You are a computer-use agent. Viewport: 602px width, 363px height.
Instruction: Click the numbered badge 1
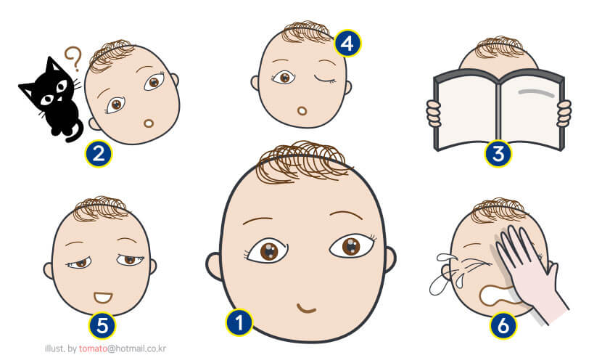coord(239,322)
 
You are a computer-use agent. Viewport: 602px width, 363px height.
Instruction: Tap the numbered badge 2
coord(99,154)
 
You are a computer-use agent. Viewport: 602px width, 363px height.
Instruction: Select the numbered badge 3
coord(498,154)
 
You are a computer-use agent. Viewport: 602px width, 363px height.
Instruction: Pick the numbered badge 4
coord(347,44)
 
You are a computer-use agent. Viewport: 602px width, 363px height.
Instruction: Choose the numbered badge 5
coord(102,325)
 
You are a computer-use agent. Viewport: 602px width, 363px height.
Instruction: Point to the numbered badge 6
coord(503,325)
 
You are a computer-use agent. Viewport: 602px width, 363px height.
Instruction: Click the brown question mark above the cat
coord(74,58)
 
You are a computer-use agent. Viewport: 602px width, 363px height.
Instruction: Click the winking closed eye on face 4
coord(325,79)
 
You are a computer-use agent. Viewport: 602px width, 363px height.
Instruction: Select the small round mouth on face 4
coord(302,111)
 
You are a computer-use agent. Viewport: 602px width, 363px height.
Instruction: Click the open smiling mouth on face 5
coord(103,298)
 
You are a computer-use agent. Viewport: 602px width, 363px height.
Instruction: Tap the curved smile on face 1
coord(306,309)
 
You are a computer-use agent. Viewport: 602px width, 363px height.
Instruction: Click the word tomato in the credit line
coord(93,348)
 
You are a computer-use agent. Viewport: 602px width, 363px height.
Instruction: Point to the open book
coord(499,110)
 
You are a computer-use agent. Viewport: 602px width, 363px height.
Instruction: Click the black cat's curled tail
coord(75,131)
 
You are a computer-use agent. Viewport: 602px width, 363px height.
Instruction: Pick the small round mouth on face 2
coord(149,123)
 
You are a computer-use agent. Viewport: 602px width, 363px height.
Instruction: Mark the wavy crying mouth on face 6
coord(497,295)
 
